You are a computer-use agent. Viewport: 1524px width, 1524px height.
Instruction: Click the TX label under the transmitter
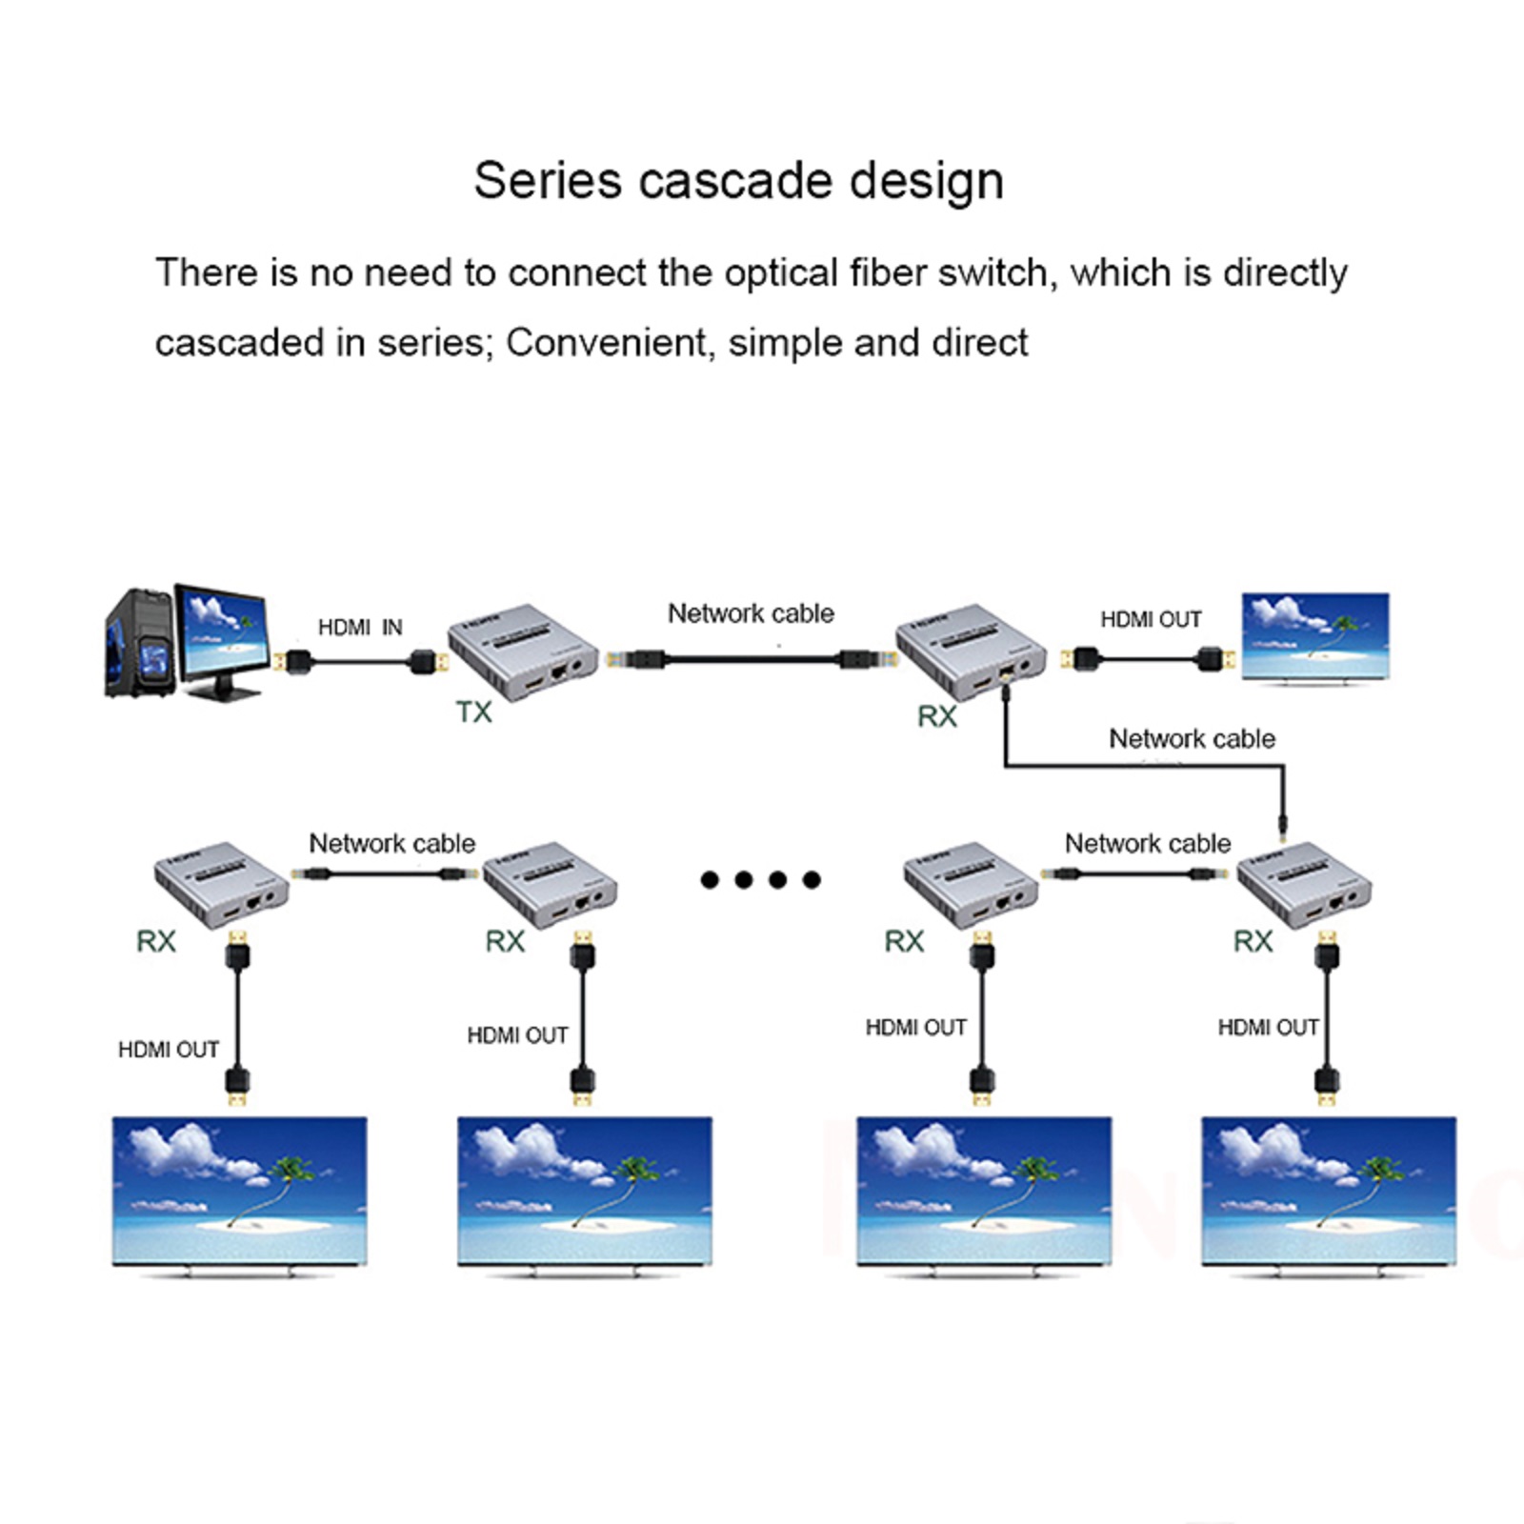(473, 712)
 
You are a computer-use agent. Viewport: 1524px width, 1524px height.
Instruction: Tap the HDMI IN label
(360, 627)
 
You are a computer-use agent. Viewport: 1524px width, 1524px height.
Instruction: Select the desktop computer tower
(139, 643)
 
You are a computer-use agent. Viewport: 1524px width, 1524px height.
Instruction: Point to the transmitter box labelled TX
(523, 652)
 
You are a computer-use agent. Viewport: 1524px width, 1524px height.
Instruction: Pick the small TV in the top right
(1314, 635)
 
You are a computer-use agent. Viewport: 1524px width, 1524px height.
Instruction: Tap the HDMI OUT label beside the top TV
(1151, 620)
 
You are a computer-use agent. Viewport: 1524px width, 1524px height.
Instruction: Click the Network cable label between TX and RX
(751, 613)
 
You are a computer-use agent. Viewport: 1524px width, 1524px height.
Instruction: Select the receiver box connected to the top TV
(971, 652)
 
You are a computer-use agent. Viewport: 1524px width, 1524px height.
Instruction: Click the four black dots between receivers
(760, 879)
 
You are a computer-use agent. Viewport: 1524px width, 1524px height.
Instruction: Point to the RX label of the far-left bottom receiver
(156, 942)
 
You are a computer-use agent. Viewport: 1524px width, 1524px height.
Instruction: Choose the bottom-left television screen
(239, 1191)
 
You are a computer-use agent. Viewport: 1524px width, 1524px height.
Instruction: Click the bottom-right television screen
(1329, 1191)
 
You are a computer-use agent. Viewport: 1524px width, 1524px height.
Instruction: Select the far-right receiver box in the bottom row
(1303, 884)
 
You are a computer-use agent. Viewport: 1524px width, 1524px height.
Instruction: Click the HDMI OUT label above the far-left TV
(169, 1050)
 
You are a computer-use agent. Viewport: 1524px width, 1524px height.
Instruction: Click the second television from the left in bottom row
(584, 1191)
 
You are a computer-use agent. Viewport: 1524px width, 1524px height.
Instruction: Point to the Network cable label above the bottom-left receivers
(391, 843)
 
